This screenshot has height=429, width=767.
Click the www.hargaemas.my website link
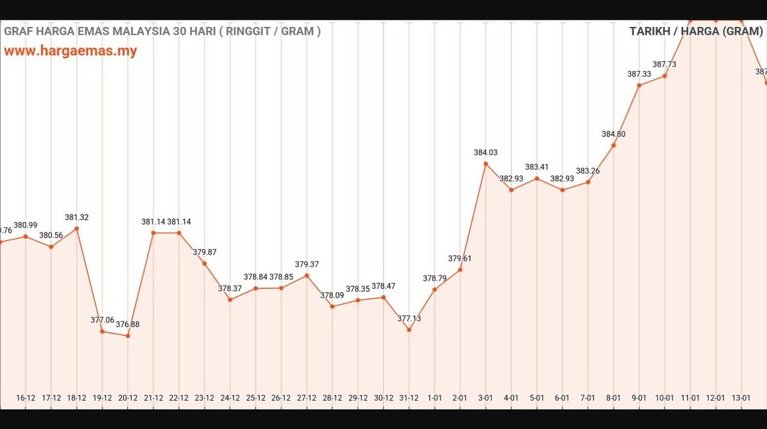click(x=70, y=51)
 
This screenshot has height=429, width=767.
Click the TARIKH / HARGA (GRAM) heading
click(x=696, y=31)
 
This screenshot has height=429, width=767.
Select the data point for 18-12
click(x=77, y=229)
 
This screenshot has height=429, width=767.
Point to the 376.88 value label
click(x=127, y=324)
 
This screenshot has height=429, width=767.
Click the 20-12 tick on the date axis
click(x=127, y=398)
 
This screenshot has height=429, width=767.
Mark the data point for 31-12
click(x=409, y=330)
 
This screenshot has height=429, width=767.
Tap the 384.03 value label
click(x=485, y=152)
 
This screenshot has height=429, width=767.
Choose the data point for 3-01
click(x=485, y=163)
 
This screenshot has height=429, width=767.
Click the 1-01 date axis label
click(x=435, y=398)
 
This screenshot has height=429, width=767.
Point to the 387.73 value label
click(x=665, y=64)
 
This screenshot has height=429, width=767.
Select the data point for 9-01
click(x=639, y=85)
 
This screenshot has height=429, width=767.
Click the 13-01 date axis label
click(x=741, y=398)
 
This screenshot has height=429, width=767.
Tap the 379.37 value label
click(x=307, y=264)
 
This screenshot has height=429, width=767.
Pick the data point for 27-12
click(x=307, y=275)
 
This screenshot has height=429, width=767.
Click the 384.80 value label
click(x=613, y=134)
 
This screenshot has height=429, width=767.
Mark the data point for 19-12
click(x=102, y=331)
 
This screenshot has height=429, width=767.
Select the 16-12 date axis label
click(x=26, y=398)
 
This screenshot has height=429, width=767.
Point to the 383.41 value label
click(x=537, y=167)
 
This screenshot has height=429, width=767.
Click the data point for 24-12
click(x=230, y=300)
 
